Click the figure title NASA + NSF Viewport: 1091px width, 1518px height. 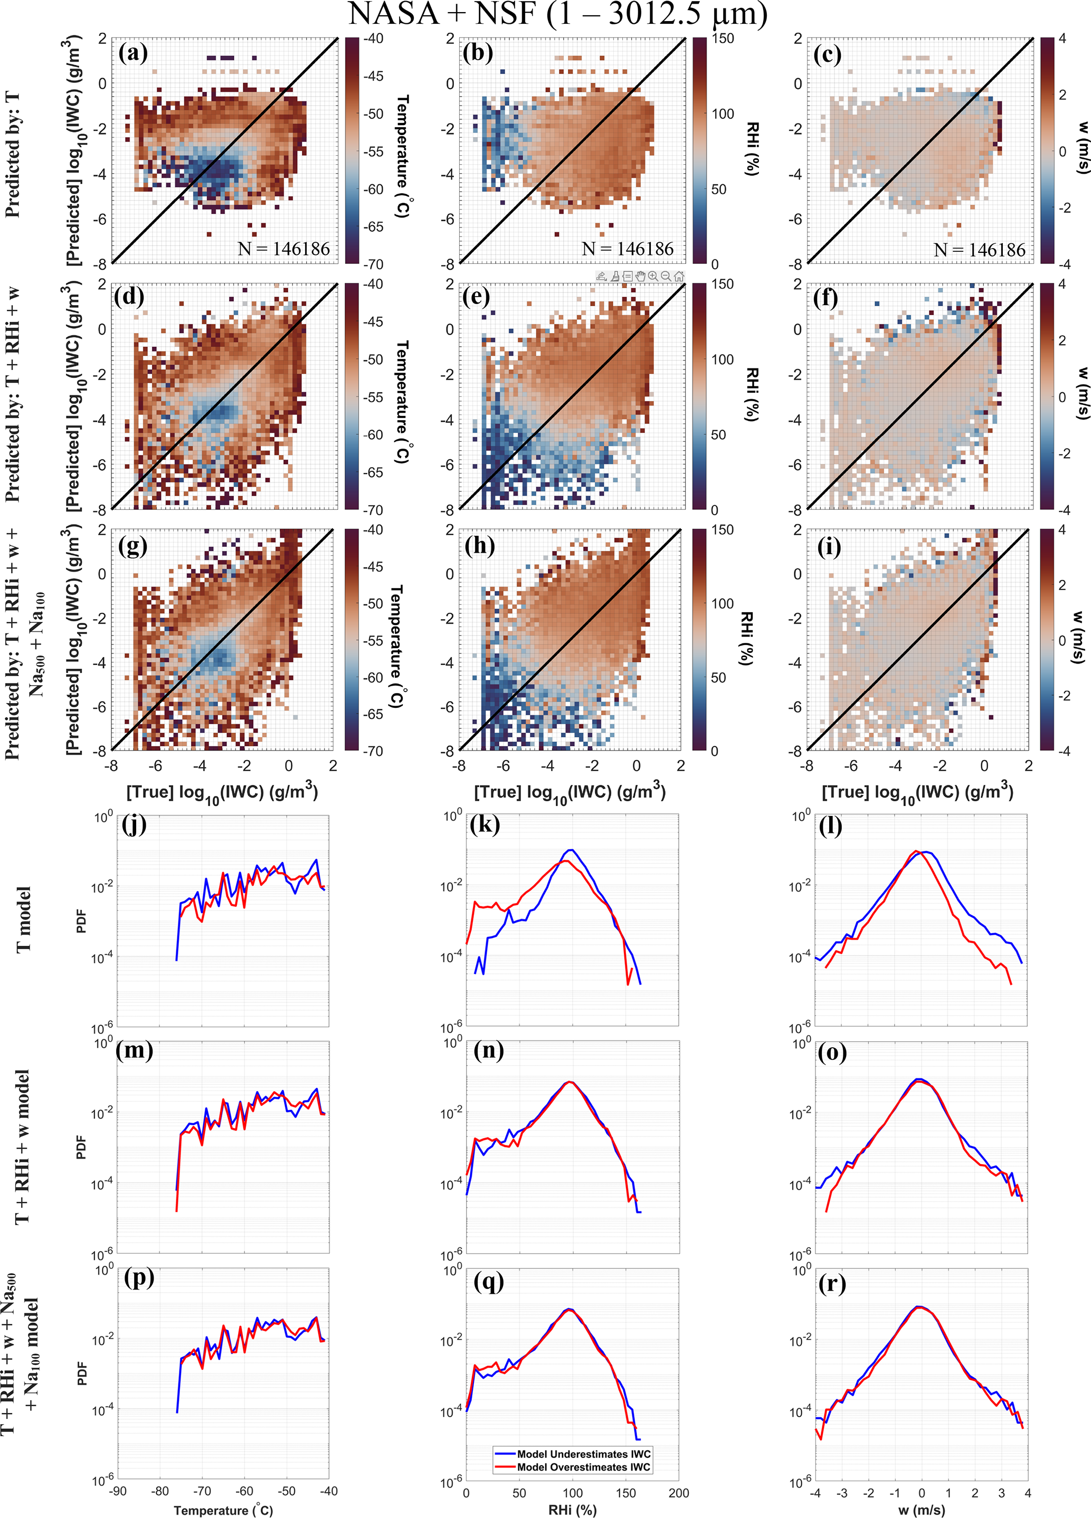pyautogui.click(x=557, y=15)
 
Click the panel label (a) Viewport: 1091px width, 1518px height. pyautogui.click(x=132, y=52)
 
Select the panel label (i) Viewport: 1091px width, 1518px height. pyautogui.click(x=829, y=547)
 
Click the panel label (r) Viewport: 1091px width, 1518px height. pyautogui.click(x=832, y=1284)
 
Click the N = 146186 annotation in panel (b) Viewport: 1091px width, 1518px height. pyautogui.click(x=628, y=249)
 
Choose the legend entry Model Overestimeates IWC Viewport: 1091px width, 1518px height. pyautogui.click(x=583, y=1467)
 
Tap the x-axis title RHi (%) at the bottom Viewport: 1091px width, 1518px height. pyautogui.click(x=572, y=1510)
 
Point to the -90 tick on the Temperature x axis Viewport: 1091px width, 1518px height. pyautogui.click(x=117, y=1491)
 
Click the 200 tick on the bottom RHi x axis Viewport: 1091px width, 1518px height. pyautogui.click(x=679, y=1493)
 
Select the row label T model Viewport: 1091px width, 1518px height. pyautogui.click(x=23, y=919)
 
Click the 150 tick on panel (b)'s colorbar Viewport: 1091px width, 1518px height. pyautogui.click(x=723, y=39)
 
